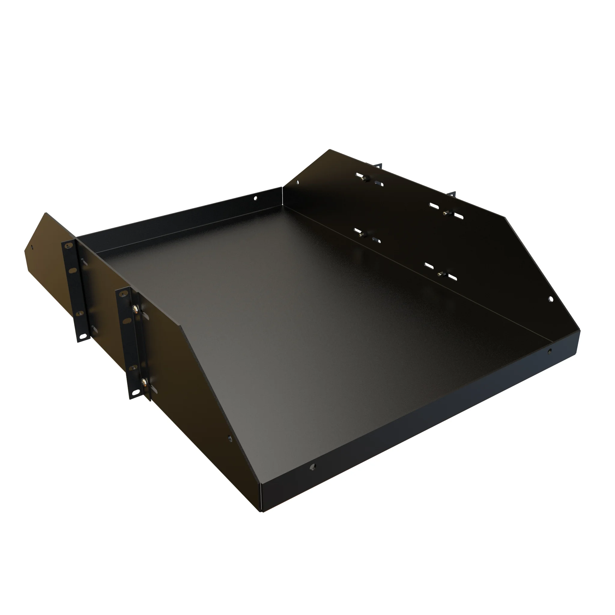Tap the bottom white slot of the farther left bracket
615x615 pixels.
coord(83,336)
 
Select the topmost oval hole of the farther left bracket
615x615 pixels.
coord(68,246)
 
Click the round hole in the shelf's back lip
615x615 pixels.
coord(255,198)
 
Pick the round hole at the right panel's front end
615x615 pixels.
coord(551,299)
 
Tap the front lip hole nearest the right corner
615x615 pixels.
coord(550,351)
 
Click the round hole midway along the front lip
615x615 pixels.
coord(313,467)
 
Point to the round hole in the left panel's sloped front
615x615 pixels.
coord(229,439)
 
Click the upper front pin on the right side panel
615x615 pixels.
coord(445,213)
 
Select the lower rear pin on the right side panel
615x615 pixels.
coord(361,235)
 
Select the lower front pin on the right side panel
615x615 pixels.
coord(440,274)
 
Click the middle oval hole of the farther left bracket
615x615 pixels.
coord(73,270)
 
